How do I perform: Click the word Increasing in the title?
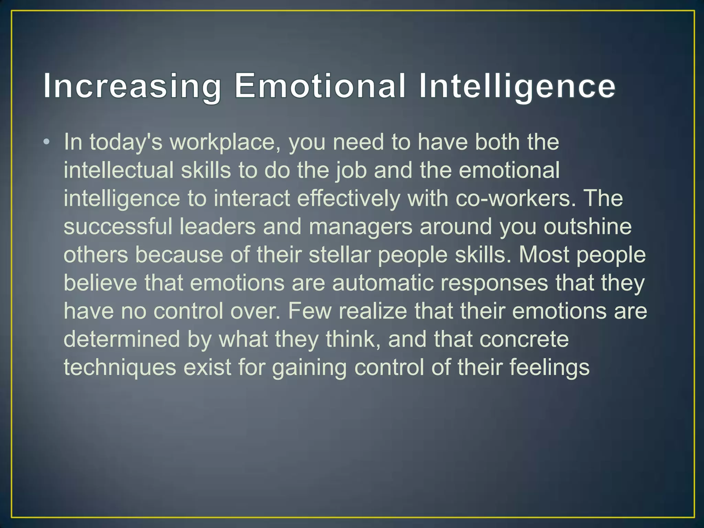pos(132,86)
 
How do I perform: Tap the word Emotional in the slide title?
pos(320,86)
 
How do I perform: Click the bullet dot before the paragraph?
pos(46,142)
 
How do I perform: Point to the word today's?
pos(126,142)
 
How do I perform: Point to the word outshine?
pos(587,227)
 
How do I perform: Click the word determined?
pos(122,339)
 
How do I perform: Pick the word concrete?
pos(524,339)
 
